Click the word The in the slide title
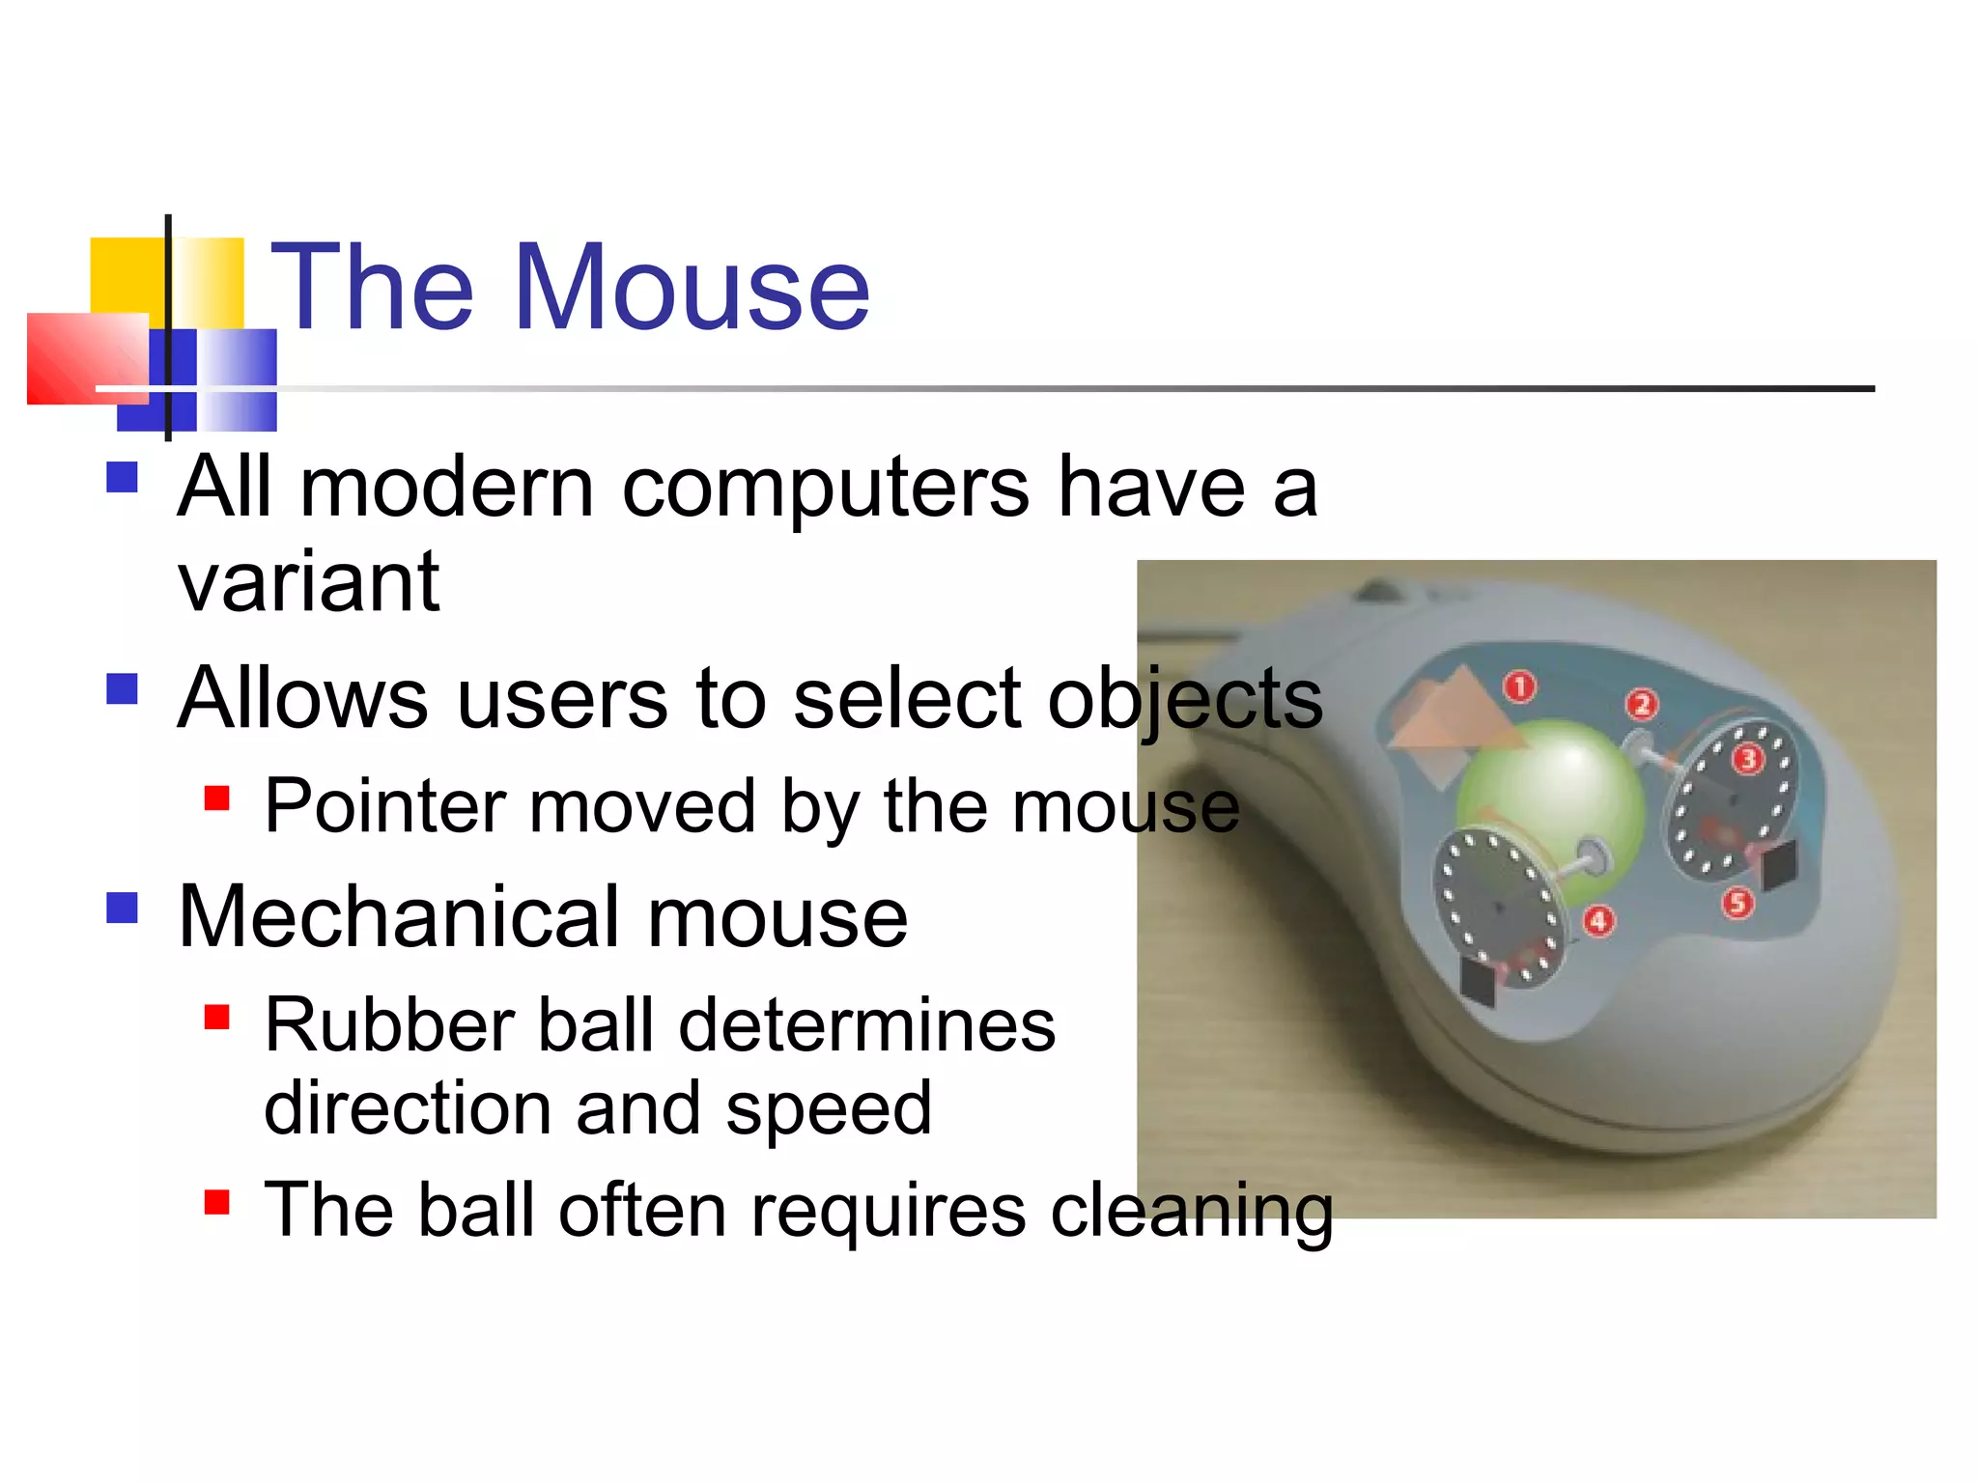click(372, 288)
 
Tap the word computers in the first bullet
click(825, 488)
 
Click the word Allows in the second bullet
click(302, 699)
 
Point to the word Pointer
click(385, 806)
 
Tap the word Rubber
click(386, 1025)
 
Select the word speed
click(829, 1108)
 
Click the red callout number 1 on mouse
click(1519, 686)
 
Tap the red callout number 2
click(1641, 704)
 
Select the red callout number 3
click(1747, 759)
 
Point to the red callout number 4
click(1598, 920)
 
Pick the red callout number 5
click(1738, 903)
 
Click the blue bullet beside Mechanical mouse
click(123, 908)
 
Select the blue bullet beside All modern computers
click(123, 477)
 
